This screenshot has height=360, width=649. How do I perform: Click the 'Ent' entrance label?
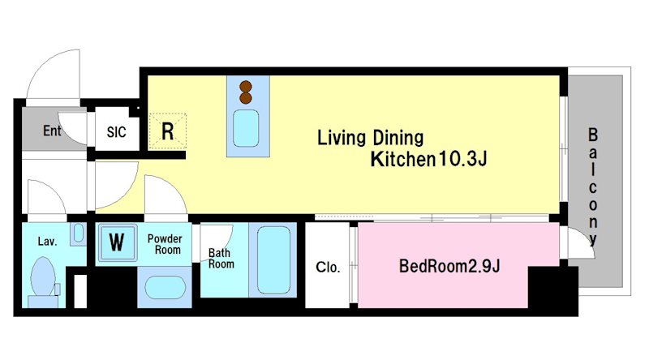coord(52,131)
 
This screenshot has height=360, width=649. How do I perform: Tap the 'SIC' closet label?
coord(116,132)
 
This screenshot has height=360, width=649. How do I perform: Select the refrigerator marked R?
coord(168,131)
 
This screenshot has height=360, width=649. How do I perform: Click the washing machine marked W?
coord(117,242)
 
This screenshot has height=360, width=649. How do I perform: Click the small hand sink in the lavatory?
coord(78,234)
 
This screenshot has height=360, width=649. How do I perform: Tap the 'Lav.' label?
coord(47,242)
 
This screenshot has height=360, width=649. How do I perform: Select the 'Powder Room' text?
coord(165,244)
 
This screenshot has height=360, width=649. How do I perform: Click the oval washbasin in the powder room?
coord(165,287)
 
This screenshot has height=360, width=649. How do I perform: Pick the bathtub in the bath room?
coord(273,259)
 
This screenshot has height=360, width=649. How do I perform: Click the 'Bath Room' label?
coord(221,258)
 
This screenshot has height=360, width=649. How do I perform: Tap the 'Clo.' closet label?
coord(328,267)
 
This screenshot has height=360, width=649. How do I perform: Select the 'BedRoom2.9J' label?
coord(449,266)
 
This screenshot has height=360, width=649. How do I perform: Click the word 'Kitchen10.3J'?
coord(428,159)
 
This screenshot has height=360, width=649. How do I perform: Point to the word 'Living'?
coord(342,138)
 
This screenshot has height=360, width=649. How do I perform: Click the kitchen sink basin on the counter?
coord(246,128)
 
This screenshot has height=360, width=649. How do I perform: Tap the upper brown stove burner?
coord(246,87)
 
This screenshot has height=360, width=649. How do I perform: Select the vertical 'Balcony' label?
coord(593,187)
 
